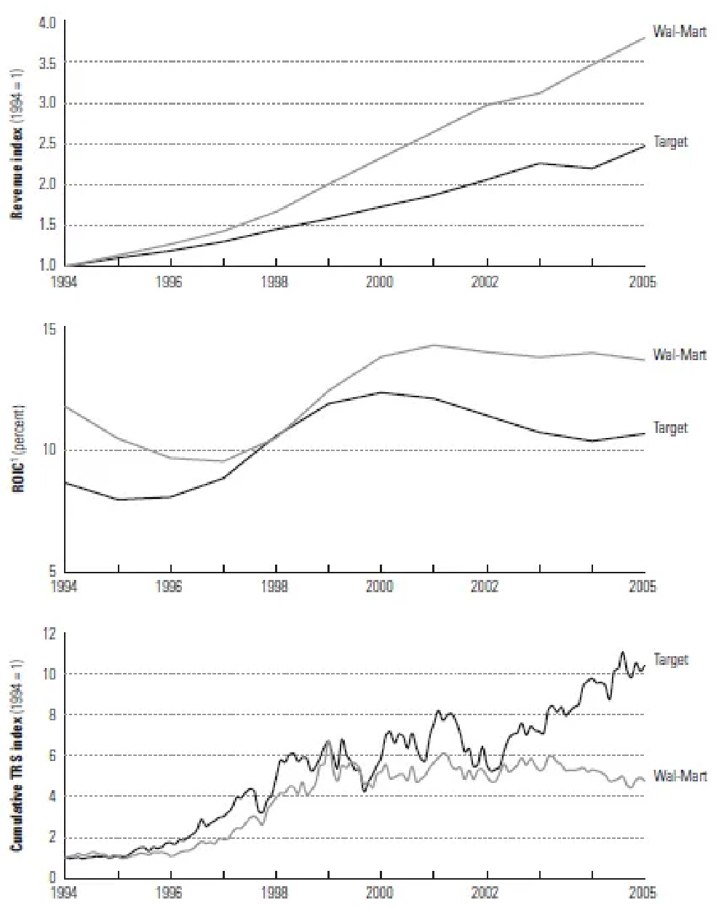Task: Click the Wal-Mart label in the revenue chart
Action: [x=680, y=33]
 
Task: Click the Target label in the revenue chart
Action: [x=670, y=142]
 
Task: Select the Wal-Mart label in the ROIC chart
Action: [x=680, y=355]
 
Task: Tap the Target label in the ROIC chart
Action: [x=670, y=428]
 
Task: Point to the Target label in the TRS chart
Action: [x=670, y=660]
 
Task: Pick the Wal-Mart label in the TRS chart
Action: [x=680, y=776]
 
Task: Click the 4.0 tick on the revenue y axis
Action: [x=47, y=23]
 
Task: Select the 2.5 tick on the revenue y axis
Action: [x=47, y=144]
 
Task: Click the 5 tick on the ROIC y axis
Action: [x=52, y=571]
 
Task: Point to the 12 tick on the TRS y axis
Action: [x=49, y=634]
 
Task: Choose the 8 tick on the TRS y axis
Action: [x=52, y=714]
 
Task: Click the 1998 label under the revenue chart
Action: [x=275, y=282]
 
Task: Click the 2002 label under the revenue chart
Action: [x=485, y=282]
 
